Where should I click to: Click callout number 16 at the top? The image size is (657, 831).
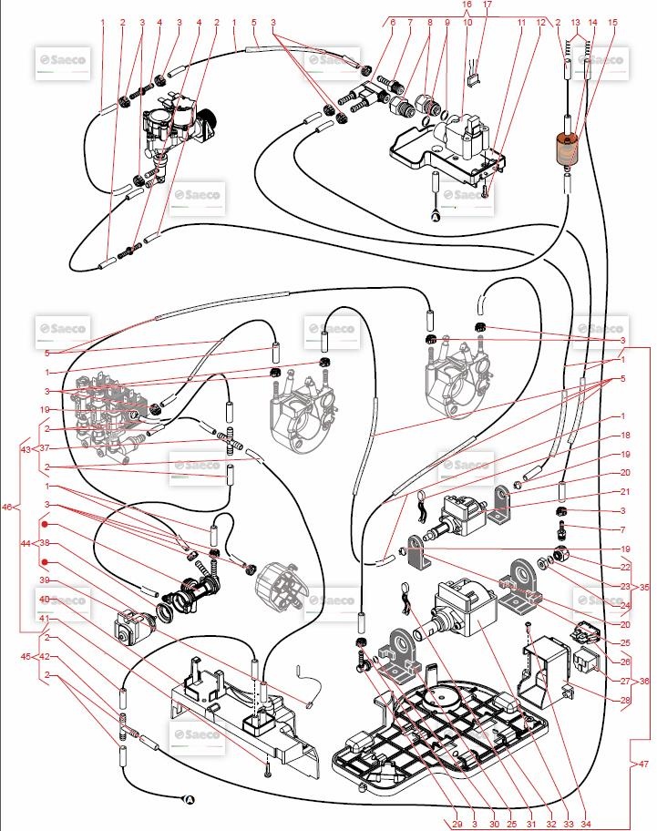click(467, 5)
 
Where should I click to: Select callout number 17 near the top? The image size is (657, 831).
click(488, 5)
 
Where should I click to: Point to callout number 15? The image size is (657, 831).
click(611, 22)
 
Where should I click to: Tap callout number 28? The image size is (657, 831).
click(625, 700)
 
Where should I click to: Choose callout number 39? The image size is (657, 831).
click(44, 580)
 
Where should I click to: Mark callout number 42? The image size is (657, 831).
click(44, 656)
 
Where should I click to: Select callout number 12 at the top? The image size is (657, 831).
click(540, 22)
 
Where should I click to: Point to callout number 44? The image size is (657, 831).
click(26, 543)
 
